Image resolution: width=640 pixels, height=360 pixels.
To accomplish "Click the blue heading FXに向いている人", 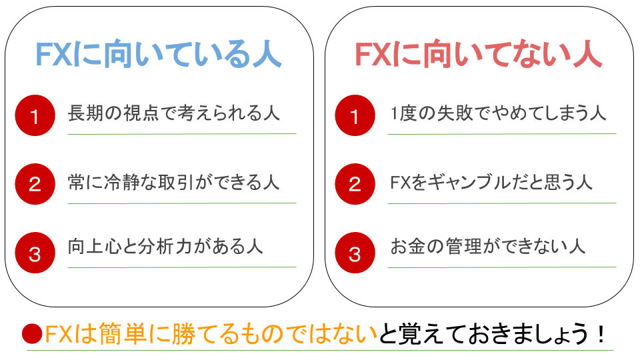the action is [159, 54].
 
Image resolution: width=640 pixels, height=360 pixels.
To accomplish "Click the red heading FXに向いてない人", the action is [479, 54].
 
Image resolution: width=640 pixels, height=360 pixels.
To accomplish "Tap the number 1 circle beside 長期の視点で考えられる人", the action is [35, 115].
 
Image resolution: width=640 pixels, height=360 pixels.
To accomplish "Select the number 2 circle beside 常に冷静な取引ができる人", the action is [35, 184].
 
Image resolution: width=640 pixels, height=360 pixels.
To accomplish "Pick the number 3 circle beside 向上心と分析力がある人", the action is [35, 253].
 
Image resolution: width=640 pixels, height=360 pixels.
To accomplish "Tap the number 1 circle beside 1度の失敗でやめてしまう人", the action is [355, 115].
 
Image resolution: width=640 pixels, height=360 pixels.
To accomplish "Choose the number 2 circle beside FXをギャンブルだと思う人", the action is [355, 184].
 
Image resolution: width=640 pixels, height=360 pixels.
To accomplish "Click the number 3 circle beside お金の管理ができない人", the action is [355, 253].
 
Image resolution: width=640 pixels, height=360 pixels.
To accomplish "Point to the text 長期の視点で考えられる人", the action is [174, 113].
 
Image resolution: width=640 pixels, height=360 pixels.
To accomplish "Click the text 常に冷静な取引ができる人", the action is [174, 182].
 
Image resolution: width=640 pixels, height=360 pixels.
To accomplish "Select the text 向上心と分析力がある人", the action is [165, 247].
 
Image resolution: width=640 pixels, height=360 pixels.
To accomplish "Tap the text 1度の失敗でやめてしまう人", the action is [498, 113].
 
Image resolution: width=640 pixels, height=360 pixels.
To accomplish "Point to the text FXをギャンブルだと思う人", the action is [491, 182].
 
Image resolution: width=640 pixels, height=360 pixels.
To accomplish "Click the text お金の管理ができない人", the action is [488, 247].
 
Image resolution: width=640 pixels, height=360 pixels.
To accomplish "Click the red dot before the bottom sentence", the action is [32, 334].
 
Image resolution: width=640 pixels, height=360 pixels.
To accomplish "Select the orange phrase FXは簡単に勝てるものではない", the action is [211, 334].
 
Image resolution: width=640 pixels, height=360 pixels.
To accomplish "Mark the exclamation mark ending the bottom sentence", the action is [601, 334].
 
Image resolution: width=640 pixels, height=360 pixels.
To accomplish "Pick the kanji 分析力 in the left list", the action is [165, 247].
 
